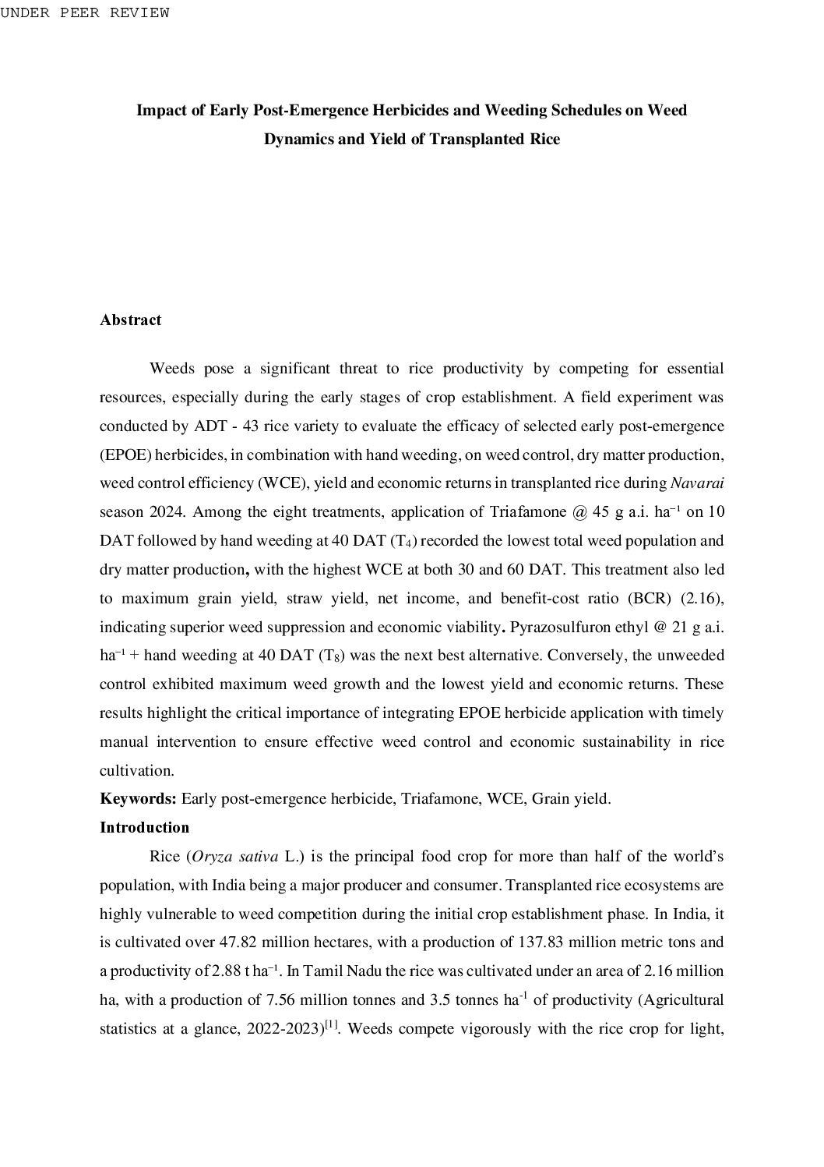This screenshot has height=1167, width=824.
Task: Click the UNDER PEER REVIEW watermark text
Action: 84,13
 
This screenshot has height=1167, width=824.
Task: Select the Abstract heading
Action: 130,320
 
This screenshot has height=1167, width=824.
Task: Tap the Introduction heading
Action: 144,827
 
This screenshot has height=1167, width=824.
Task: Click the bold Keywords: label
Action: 138,798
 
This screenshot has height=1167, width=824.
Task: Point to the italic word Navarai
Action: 697,483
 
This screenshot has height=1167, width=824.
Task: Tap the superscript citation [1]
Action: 331,1024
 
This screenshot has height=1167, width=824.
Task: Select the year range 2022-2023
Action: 284,1028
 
